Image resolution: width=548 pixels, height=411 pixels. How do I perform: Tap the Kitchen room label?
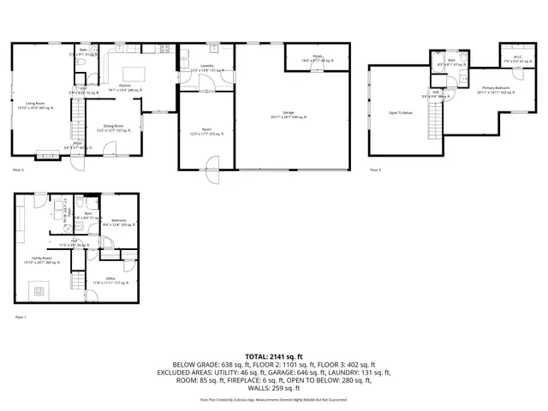125,86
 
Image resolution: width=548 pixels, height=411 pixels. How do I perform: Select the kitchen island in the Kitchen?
134,73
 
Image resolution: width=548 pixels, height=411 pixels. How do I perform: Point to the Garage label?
289,115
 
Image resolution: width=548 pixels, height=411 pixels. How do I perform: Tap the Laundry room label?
206,67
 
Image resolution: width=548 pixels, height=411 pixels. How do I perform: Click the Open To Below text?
400,112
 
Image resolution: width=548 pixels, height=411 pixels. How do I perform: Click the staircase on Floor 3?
434,124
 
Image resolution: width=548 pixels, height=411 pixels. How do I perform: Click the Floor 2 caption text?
18,170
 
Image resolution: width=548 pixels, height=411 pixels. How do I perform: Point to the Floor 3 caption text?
375,170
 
